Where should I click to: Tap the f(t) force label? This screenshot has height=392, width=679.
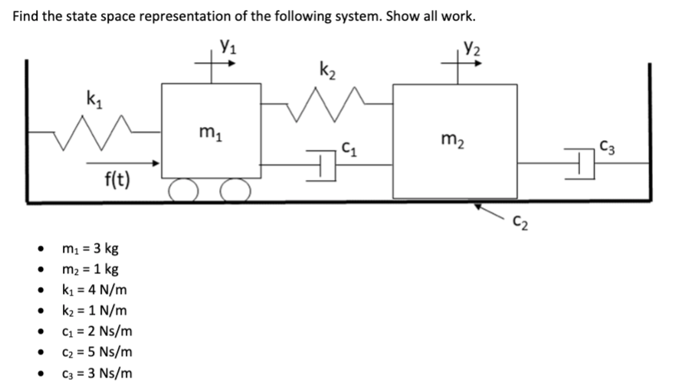pos(116,181)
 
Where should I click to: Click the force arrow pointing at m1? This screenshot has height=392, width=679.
pos(123,162)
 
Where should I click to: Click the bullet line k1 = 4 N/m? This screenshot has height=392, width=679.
pos(93,290)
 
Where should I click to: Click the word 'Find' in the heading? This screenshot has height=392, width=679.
pos(28,16)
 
